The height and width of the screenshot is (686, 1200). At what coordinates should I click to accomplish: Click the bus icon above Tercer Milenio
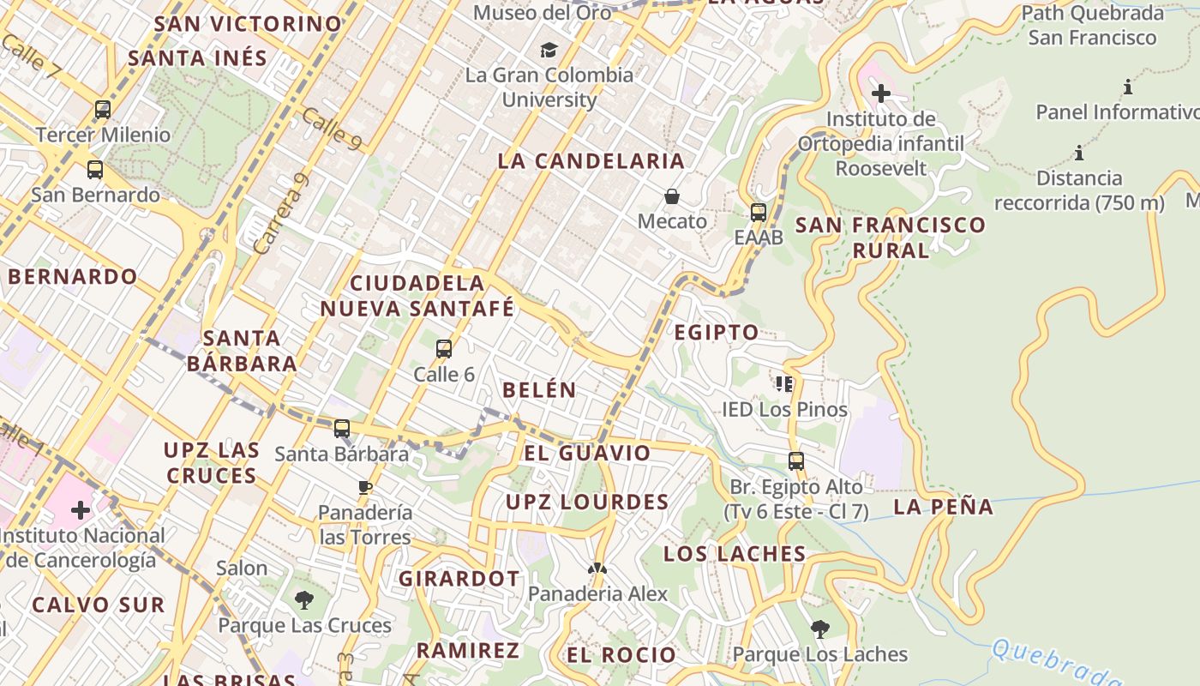pos(103,110)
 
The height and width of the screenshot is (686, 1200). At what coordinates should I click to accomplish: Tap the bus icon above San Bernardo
pos(95,170)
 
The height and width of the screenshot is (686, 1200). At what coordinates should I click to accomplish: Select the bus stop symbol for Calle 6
pos(444,349)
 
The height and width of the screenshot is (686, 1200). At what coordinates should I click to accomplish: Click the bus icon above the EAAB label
pos(759,213)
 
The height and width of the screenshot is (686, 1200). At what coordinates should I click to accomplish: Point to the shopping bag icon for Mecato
pos(672,196)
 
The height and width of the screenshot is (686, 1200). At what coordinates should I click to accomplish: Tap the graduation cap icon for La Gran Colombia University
pos(549,50)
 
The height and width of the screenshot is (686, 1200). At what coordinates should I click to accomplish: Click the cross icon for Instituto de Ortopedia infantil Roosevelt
pos(881,93)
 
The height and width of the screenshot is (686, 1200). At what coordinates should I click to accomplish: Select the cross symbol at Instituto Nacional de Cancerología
pos(81,511)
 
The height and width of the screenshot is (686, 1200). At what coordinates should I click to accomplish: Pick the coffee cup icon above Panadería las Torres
pos(365,488)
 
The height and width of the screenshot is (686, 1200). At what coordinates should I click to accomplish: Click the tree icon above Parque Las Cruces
pos(303,600)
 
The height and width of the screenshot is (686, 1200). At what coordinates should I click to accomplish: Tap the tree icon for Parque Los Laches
pos(820,629)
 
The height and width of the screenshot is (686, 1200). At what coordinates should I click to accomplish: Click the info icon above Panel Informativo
pos(1128,87)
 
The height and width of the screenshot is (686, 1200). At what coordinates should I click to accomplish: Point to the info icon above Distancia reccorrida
pos(1079,153)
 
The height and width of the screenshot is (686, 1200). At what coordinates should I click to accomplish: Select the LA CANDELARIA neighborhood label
pos(591,160)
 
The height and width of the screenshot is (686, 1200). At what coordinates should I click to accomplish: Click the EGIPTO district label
pos(717,332)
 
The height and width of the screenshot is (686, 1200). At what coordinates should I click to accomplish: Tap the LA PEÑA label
pos(944,507)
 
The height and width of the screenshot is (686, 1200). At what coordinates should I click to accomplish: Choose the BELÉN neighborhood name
pos(539,389)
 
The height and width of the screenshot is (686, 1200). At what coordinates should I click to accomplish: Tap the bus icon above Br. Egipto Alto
pos(796,461)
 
